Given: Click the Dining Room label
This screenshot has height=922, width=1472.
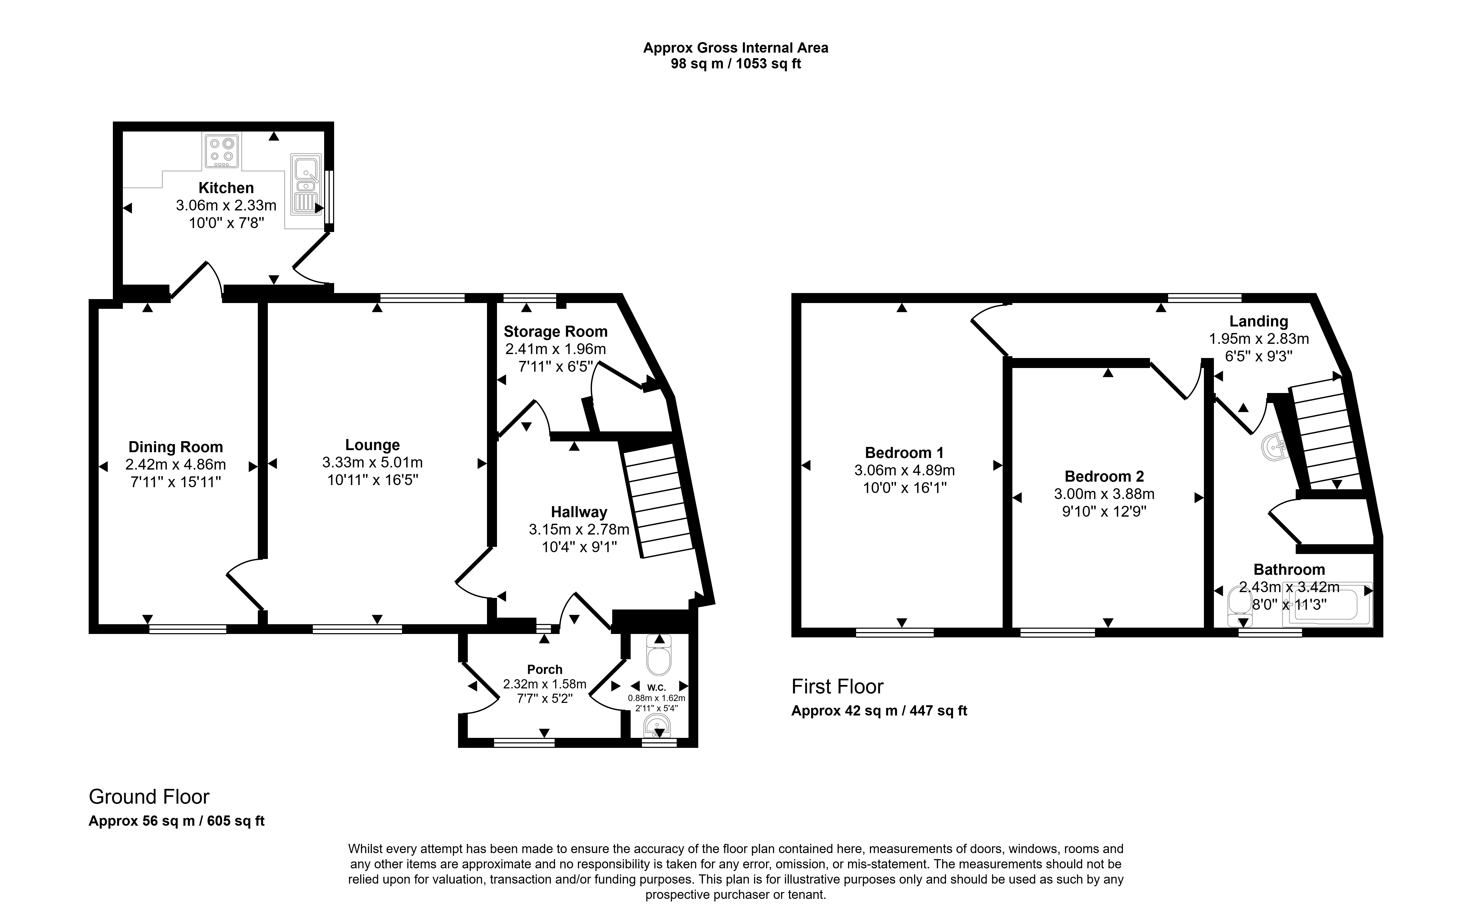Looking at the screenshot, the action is [176, 447].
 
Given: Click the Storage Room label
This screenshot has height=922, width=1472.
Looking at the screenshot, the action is [555, 332].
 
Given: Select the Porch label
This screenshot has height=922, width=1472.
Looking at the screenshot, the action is [545, 669].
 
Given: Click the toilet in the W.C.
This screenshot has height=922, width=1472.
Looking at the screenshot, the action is [659, 656].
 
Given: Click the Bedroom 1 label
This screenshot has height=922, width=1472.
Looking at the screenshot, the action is [904, 453].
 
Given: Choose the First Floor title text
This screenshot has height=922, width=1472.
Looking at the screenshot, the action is [837, 687].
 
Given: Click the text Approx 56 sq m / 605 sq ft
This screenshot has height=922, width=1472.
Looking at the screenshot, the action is [177, 821].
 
